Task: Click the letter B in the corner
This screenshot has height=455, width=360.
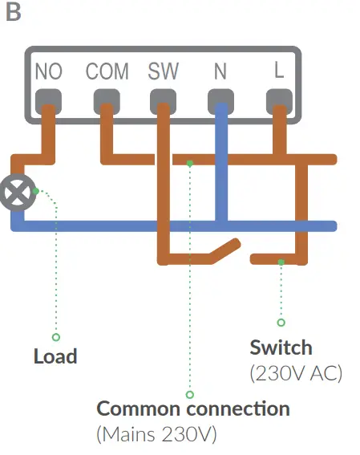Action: coord(13,14)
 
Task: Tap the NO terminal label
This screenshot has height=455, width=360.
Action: coord(49,71)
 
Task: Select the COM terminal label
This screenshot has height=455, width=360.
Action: coord(107,71)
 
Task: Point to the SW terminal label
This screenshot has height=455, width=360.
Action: coord(164,71)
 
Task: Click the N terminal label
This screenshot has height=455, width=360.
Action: coord(220,71)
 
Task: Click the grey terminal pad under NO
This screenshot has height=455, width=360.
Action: coord(49,100)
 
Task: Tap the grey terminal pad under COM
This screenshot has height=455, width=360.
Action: coord(107,100)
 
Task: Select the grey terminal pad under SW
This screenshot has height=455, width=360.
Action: coord(164,100)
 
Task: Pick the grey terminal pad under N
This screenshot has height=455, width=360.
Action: coord(220,100)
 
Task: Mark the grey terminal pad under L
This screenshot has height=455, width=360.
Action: coord(278,100)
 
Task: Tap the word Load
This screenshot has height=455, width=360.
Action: coord(55,356)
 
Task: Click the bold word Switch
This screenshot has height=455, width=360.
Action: coord(281,348)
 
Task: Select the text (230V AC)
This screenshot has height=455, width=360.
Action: coord(296,374)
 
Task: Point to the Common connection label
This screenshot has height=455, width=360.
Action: coord(192,408)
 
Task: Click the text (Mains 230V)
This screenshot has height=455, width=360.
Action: coord(156,435)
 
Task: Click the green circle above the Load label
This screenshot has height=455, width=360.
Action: coord(56,337)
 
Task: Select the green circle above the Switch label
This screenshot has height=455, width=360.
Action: coord(281,323)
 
